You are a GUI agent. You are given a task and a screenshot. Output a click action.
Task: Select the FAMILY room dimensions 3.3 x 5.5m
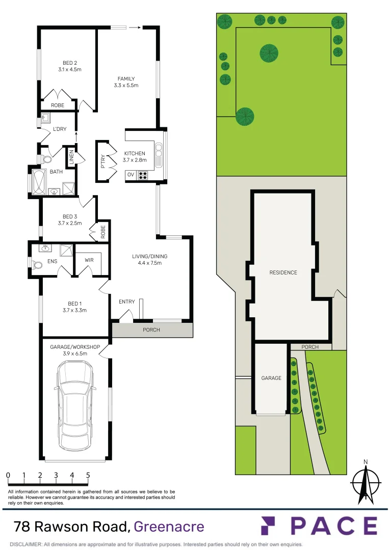click(126, 86)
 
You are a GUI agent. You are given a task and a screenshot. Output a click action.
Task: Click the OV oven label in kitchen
click(131, 175)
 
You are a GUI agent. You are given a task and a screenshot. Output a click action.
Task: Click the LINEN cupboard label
click(71, 157)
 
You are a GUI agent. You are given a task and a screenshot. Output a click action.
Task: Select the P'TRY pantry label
click(102, 161)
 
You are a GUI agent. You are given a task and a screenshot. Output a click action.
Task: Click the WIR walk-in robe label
click(89, 260)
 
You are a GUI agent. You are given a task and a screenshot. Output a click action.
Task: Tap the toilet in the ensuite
click(36, 265)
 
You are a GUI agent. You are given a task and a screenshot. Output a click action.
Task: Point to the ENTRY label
click(127, 302)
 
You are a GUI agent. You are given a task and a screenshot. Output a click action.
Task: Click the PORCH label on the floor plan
click(151, 330)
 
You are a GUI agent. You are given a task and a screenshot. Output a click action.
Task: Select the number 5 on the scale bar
click(88, 475)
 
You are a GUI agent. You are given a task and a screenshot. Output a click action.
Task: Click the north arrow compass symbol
click(366, 481)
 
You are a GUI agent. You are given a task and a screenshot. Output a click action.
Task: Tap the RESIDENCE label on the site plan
click(283, 272)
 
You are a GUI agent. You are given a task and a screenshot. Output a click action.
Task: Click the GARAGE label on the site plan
click(271, 378)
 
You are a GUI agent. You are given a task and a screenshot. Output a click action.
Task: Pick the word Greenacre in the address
click(169, 527)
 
